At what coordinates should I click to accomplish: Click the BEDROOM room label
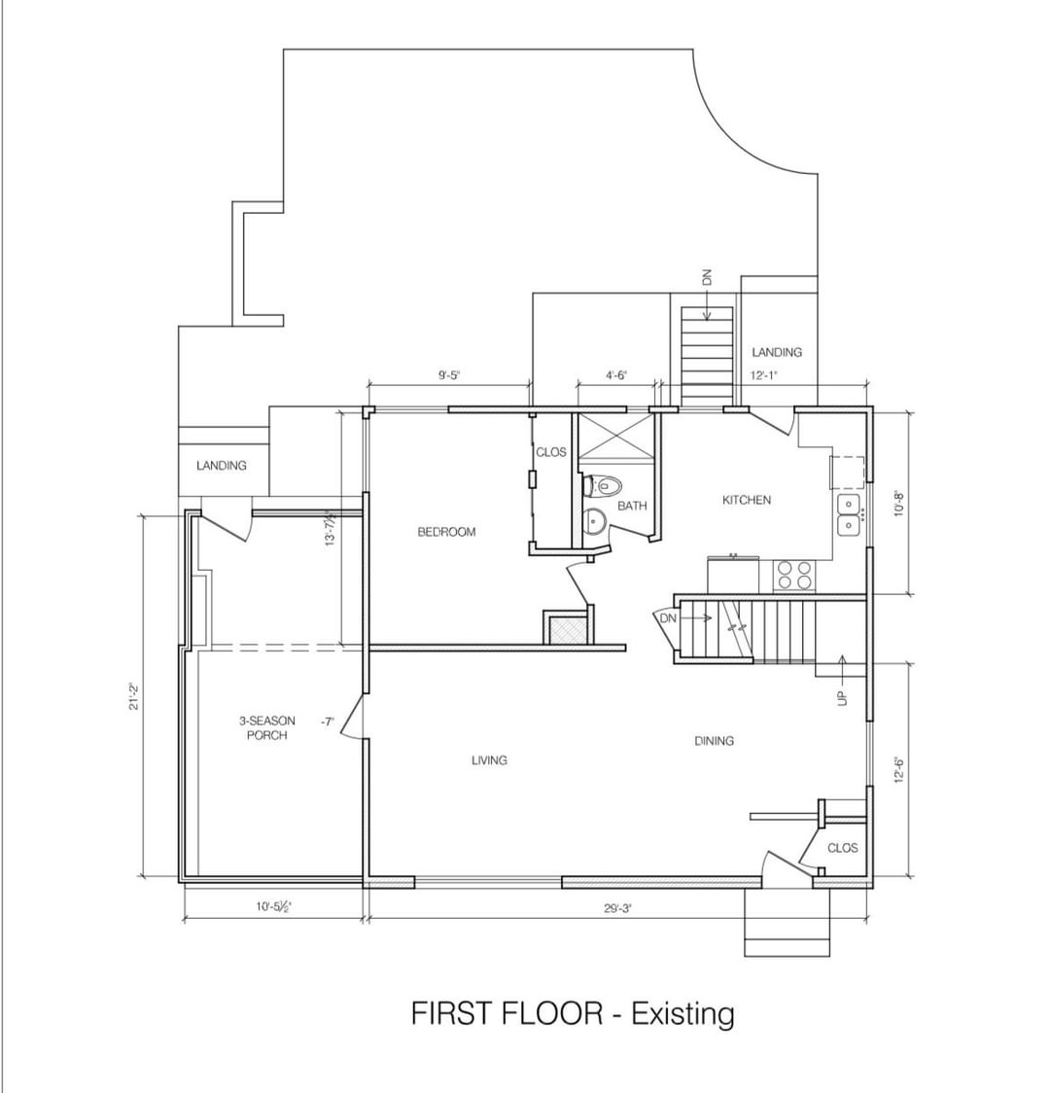pyautogui.click(x=446, y=532)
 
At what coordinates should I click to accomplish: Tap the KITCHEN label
pyautogui.click(x=747, y=500)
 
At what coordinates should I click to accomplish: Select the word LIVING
pyautogui.click(x=489, y=759)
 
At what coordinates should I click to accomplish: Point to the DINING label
pyautogui.click(x=715, y=740)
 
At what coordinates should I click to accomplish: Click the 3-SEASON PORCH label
pyautogui.click(x=266, y=727)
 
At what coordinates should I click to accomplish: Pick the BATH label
pyautogui.click(x=632, y=506)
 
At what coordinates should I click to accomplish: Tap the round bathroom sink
pyautogui.click(x=594, y=521)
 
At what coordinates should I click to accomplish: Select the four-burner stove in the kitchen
pyautogui.click(x=794, y=576)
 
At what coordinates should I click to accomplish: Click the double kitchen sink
pyautogui.click(x=850, y=514)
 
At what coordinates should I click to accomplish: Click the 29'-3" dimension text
pyautogui.click(x=617, y=908)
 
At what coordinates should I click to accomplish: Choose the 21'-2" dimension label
pyautogui.click(x=134, y=695)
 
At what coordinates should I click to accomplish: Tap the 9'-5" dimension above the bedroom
pyautogui.click(x=449, y=375)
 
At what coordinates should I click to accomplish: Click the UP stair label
pyautogui.click(x=842, y=697)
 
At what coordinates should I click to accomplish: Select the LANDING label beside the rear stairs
pyautogui.click(x=777, y=352)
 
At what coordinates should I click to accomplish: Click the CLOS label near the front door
pyautogui.click(x=842, y=848)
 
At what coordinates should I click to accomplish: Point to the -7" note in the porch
pyautogui.click(x=327, y=722)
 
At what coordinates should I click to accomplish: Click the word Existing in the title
pyautogui.click(x=682, y=1013)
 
